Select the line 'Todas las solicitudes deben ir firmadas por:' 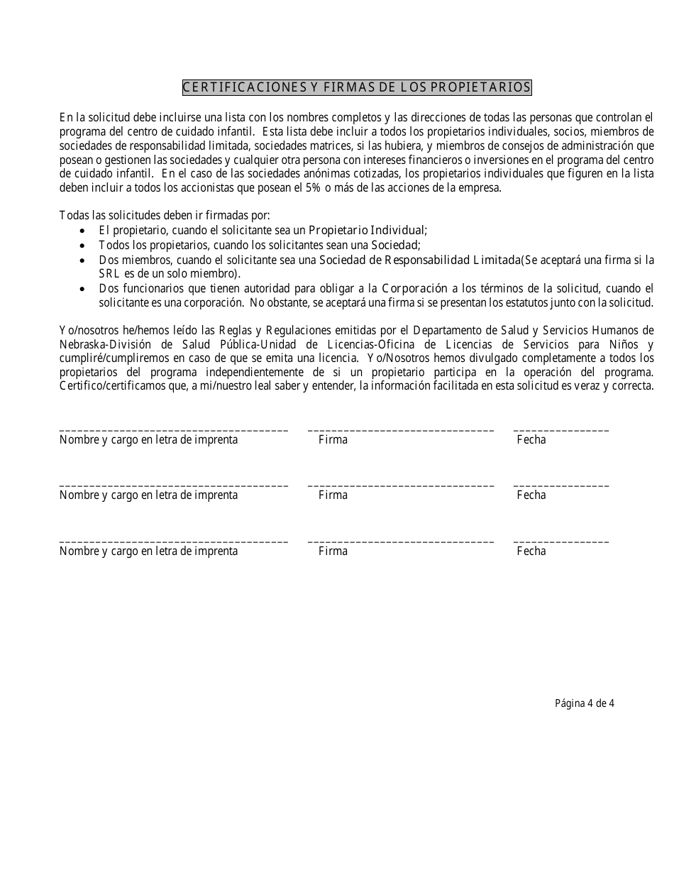click(165, 216)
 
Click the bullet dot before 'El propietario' click(84, 231)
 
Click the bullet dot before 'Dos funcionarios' click(84, 289)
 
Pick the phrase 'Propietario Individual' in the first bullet click(366, 230)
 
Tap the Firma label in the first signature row click(333, 440)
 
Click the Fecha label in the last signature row click(531, 551)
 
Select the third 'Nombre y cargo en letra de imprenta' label click(148, 551)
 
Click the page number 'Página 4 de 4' click(584, 704)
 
